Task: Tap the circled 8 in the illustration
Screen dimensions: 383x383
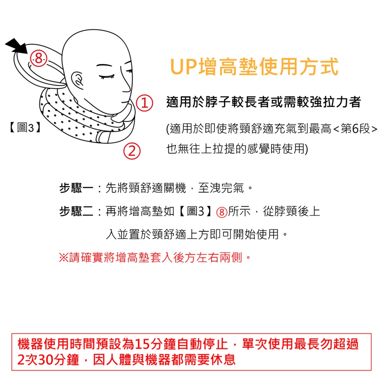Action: click(x=38, y=59)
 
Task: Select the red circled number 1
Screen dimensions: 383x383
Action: click(x=144, y=103)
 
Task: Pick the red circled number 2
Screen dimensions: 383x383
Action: click(x=132, y=151)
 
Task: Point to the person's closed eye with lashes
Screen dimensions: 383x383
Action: click(x=107, y=77)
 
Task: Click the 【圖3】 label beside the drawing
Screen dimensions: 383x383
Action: click(x=25, y=128)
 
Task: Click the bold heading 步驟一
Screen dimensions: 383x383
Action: click(x=76, y=188)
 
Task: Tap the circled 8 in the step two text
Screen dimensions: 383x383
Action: click(x=221, y=212)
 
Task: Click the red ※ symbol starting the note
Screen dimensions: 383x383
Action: click(x=63, y=258)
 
